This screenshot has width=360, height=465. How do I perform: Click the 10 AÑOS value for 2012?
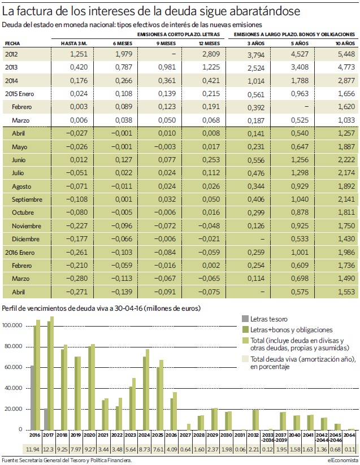coord(346,54)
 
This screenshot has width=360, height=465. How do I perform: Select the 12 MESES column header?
coord(209,44)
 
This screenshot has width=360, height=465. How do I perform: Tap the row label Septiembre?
coord(27,199)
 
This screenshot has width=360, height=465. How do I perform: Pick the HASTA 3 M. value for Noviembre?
coord(77,226)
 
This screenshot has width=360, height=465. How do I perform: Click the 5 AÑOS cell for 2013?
coord(300,67)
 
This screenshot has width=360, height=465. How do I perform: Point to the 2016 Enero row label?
coord(20,253)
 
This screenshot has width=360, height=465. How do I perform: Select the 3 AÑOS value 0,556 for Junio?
coord(256,160)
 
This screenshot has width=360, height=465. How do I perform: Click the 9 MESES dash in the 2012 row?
coord(174,54)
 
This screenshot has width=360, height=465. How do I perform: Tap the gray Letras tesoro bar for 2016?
coord(32,398)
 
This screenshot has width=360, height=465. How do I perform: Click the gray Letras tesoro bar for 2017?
coord(46,419)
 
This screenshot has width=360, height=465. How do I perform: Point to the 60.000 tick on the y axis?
coord(12,367)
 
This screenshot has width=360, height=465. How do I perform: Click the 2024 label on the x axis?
coord(144,435)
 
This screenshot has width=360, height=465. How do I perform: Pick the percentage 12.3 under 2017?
coord(49,449)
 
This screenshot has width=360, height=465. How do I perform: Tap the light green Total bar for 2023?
coord(134,404)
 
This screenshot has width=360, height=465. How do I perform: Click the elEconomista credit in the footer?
coord(341,460)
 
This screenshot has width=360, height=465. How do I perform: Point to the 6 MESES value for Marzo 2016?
coord(122,279)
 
